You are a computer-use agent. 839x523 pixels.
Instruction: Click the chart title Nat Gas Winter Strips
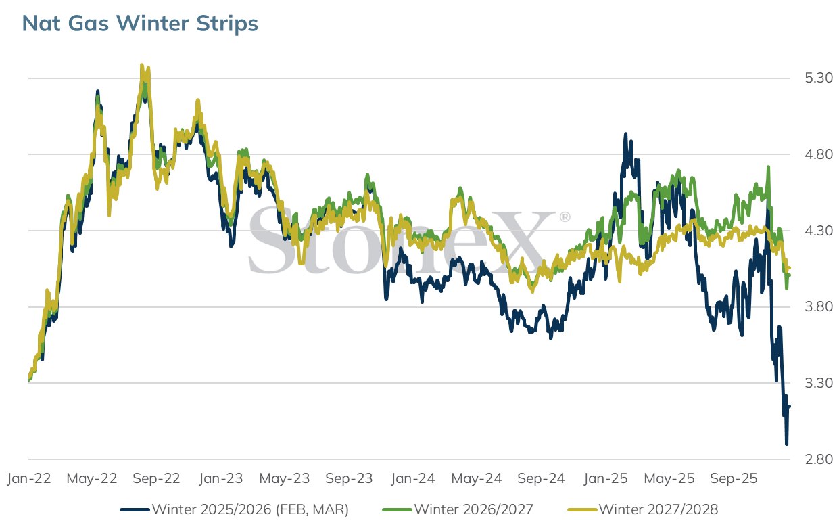140,23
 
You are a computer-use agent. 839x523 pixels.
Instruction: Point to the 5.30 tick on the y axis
819,78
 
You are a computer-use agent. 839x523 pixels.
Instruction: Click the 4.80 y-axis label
819,154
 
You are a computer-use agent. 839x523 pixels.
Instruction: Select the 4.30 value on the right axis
819,231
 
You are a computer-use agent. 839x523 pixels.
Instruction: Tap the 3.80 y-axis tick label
819,306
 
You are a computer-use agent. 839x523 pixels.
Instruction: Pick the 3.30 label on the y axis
819,383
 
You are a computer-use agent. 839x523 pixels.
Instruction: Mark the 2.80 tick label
819,459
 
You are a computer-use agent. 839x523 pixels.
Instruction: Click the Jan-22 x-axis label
29,478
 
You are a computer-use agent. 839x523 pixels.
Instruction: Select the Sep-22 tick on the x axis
157,478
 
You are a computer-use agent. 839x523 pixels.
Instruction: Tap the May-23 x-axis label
285,478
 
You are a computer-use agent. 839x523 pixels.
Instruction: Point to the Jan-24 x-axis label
413,478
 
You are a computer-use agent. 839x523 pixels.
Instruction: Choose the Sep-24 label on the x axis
541,478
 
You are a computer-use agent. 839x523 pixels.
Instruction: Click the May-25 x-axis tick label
669,478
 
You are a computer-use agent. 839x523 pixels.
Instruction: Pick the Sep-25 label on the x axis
734,478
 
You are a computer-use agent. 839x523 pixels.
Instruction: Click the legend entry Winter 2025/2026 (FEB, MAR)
235,509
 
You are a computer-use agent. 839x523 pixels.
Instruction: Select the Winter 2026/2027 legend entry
458,509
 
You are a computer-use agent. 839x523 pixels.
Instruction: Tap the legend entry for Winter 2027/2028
643,509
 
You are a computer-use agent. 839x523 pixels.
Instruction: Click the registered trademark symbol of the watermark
565,217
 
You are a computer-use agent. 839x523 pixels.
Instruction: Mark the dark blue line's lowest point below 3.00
786,445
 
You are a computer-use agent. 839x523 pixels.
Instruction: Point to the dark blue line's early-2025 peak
625,134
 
